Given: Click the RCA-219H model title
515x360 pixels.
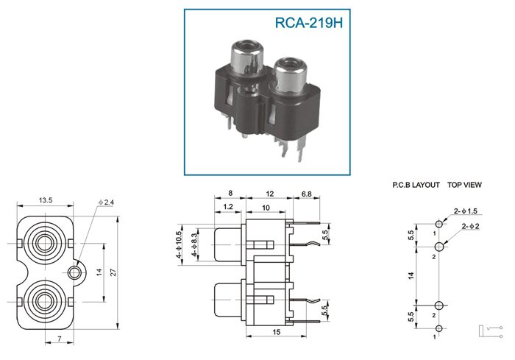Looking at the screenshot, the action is pos(309,23).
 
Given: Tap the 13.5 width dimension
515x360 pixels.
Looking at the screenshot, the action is pos(46,200).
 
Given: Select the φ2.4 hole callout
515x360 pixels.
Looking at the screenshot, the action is pos(106,202).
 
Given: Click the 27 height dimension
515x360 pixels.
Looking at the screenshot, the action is pos(113,272).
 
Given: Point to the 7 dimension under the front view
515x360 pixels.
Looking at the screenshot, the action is pos(60,339).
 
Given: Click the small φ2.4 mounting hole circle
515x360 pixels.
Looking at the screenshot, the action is pos(74,272).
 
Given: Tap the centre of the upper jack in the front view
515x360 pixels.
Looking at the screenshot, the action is pos(43,243).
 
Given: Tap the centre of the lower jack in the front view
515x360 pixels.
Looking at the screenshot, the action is pos(43,302).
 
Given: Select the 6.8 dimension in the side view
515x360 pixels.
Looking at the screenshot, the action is pos(307,194).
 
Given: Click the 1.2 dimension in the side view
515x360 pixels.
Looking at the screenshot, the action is pos(228,207).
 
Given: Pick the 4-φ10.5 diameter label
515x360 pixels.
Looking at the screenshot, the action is pos(178,244).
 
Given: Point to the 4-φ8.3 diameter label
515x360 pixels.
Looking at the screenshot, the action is pos(194,245).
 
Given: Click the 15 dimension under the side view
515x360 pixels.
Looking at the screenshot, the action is pos(277,332).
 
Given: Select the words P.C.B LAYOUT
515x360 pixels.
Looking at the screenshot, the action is pos(416,185).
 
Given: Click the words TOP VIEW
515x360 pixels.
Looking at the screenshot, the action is pos(464,185).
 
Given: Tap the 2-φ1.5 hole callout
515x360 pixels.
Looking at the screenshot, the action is pos(466,211).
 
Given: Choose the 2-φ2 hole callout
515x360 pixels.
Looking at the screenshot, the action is pos(470,226).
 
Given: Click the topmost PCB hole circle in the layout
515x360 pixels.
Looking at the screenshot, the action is pos(439,225).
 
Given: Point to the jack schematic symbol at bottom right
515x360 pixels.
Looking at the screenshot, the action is pos(490,331).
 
